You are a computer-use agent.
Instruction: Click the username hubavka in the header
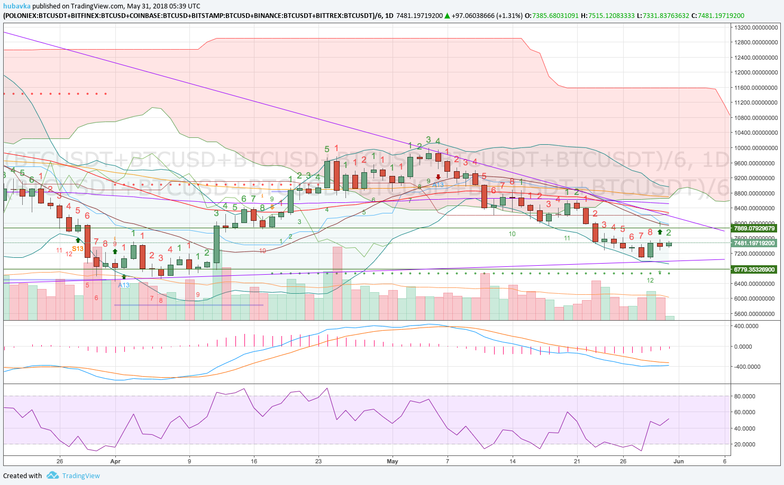(16, 6)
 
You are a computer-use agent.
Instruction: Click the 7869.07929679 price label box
(754, 229)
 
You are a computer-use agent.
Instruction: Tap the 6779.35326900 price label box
(754, 269)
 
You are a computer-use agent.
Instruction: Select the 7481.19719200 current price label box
(754, 243)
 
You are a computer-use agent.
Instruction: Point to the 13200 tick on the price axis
(755, 27)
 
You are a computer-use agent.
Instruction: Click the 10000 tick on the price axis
(755, 148)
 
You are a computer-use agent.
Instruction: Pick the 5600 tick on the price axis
(755, 314)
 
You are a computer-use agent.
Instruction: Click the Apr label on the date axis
(115, 461)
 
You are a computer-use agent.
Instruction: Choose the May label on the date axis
(392, 461)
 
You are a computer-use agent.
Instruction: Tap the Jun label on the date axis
(678, 461)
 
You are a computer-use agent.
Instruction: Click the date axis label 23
(318, 461)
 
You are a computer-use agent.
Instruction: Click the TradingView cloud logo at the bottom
(52, 475)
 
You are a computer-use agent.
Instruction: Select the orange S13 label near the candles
(78, 249)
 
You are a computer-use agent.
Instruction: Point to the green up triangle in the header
(448, 16)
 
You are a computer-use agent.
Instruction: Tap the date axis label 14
(512, 461)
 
